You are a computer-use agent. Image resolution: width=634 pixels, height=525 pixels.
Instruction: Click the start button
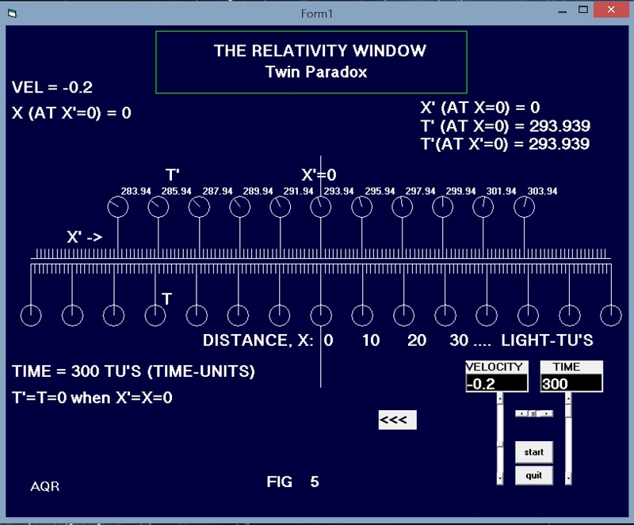pyautogui.click(x=533, y=452)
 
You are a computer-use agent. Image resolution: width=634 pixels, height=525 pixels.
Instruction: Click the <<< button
pyautogui.click(x=397, y=420)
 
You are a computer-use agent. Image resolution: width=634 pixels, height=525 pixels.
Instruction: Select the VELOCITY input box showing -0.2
pyautogui.click(x=496, y=383)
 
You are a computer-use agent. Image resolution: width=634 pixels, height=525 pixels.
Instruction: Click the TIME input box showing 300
pyautogui.click(x=571, y=383)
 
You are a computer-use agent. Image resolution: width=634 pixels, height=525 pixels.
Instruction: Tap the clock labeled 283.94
pyautogui.click(x=117, y=207)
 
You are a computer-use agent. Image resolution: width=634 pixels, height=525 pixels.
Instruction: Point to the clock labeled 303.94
pyautogui.click(x=525, y=207)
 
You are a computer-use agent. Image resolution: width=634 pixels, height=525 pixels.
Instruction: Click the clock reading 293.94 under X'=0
pyautogui.click(x=321, y=207)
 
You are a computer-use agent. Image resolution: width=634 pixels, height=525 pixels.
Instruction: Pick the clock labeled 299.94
pyautogui.click(x=443, y=207)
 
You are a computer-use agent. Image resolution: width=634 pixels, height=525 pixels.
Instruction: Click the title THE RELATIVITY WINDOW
pyautogui.click(x=319, y=51)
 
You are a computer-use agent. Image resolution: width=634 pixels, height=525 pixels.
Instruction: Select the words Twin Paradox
pyautogui.click(x=316, y=72)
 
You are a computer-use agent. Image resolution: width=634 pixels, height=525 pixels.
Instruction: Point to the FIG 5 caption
pyautogui.click(x=292, y=481)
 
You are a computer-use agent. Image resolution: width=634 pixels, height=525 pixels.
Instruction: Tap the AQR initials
pyautogui.click(x=44, y=485)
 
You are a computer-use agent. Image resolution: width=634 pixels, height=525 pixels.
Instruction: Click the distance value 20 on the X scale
pyautogui.click(x=417, y=340)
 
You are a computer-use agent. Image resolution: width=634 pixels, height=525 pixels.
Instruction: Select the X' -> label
pyautogui.click(x=85, y=237)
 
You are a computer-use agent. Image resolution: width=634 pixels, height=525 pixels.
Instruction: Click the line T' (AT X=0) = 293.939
pyautogui.click(x=505, y=126)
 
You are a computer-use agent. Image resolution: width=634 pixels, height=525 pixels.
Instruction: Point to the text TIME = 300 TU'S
pyautogui.click(x=133, y=371)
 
